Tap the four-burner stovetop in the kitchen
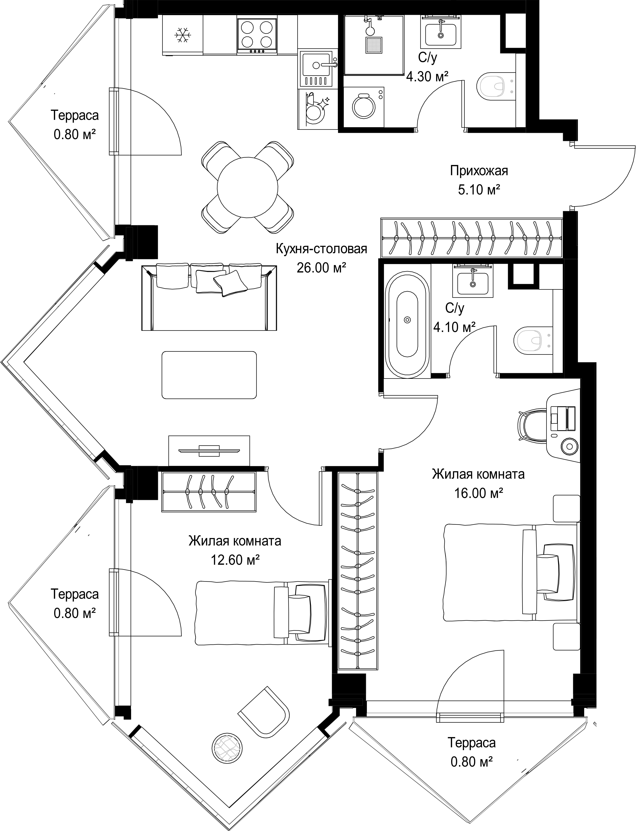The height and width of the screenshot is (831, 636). click(x=257, y=35)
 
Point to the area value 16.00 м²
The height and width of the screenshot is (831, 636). click(x=478, y=493)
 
